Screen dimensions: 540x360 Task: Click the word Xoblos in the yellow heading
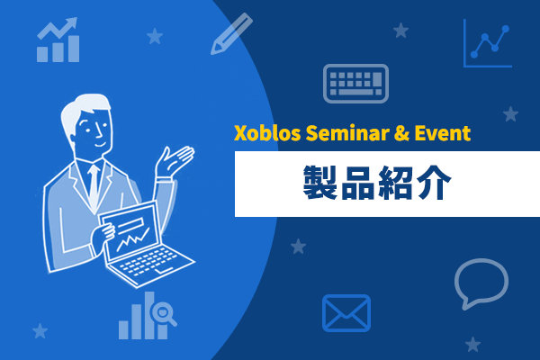(x=267, y=133)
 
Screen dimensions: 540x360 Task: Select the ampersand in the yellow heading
(x=401, y=133)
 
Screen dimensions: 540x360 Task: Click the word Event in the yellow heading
(x=442, y=133)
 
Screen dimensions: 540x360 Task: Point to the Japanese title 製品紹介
(x=377, y=183)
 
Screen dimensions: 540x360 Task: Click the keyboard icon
(x=355, y=84)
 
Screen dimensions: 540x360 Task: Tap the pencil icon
(x=231, y=33)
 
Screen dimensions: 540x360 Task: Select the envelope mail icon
(x=346, y=313)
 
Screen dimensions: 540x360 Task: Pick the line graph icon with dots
(x=488, y=43)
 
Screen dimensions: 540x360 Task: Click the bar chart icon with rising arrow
(x=58, y=40)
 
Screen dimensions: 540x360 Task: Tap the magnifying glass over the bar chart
(x=163, y=313)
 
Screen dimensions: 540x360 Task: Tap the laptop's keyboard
(x=148, y=262)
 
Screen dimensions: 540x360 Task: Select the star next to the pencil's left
(x=155, y=36)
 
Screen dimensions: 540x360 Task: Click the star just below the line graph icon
(x=510, y=114)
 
